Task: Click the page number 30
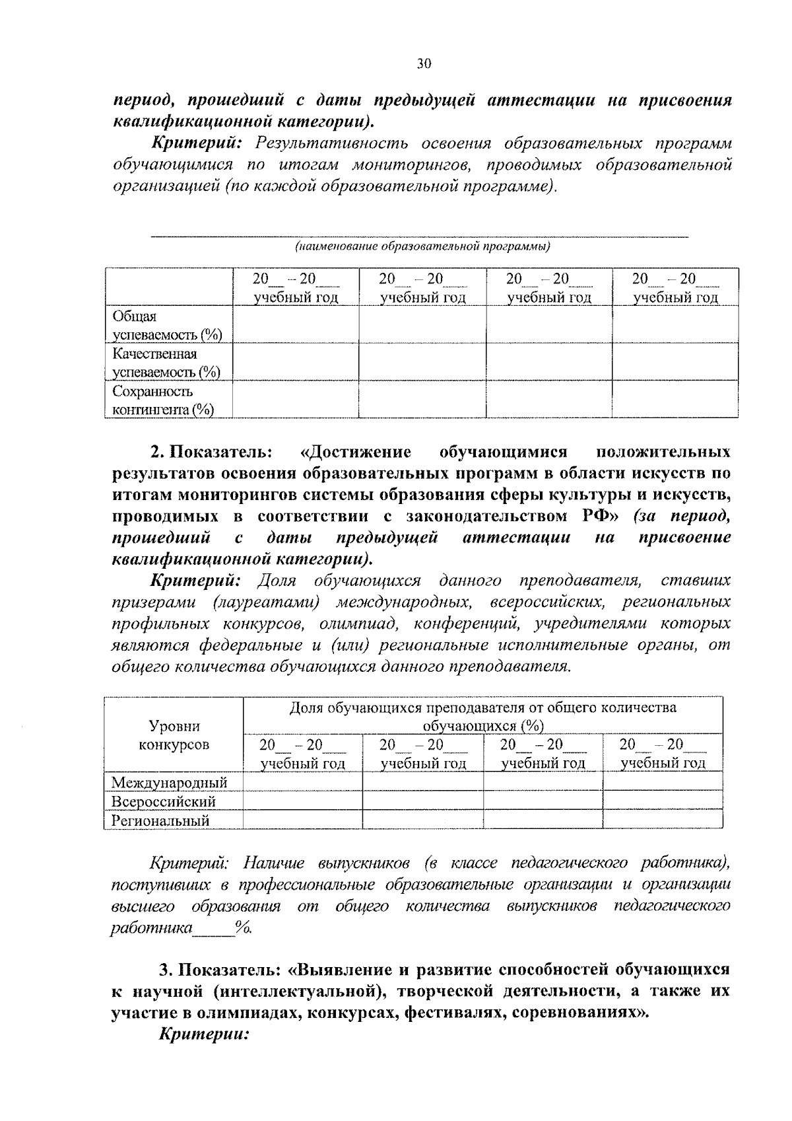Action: pyautogui.click(x=423, y=63)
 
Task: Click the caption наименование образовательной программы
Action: pyautogui.click(x=422, y=246)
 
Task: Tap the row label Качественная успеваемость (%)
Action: pyautogui.click(x=166, y=363)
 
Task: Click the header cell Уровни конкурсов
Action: pyautogui.click(x=174, y=735)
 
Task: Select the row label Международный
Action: pyautogui.click(x=170, y=783)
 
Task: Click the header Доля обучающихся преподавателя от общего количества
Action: pyautogui.click(x=482, y=707)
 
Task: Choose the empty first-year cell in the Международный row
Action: pyautogui.click(x=302, y=782)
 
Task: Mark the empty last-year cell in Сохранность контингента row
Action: pyautogui.click(x=675, y=400)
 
